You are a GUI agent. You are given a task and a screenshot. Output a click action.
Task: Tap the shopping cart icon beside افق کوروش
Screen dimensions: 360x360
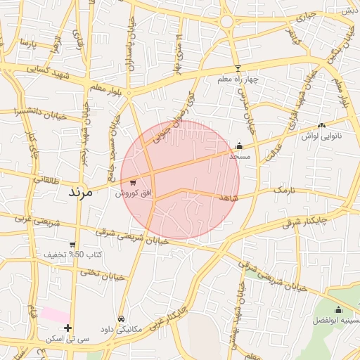pyautogui.click(x=133, y=183)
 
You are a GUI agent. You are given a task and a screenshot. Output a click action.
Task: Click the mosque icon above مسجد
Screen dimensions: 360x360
pyautogui.click(x=239, y=146)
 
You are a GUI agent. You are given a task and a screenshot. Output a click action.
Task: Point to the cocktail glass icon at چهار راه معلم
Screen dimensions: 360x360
pyautogui.click(x=238, y=69)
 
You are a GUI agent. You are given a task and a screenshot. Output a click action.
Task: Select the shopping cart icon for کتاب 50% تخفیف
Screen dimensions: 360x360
pyautogui.click(x=72, y=245)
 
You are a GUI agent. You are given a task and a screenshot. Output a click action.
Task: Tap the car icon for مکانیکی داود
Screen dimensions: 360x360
pyautogui.click(x=121, y=319)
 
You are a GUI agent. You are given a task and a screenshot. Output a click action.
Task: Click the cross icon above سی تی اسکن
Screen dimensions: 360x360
pyautogui.click(x=67, y=328)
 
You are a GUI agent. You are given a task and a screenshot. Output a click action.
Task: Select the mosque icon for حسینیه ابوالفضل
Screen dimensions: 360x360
pyautogui.click(x=338, y=310)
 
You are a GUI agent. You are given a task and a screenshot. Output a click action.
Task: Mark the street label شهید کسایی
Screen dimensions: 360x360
pyautogui.click(x=47, y=70)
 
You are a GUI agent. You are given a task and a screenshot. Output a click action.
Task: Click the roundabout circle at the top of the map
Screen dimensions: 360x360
pyautogui.click(x=227, y=22)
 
